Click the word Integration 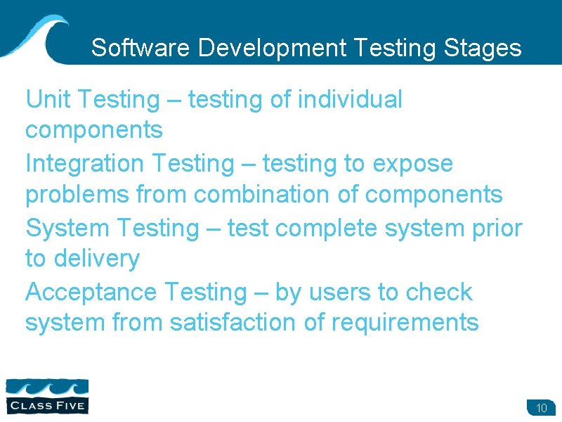[x=84, y=163]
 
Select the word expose [x=413, y=165]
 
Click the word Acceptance [x=91, y=292]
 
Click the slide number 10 [x=541, y=408]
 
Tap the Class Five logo [x=47, y=395]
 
